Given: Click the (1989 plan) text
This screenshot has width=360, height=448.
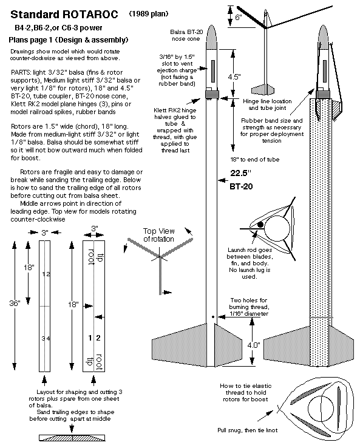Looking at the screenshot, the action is tap(149, 13).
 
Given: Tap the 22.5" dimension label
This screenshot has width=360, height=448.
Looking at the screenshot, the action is tap(241, 173).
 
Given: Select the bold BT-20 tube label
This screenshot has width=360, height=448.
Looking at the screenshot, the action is tap(241, 186).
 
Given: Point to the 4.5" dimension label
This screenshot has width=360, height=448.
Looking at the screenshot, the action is tap(234, 76).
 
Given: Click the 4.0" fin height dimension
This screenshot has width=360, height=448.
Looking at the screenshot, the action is tap(254, 345).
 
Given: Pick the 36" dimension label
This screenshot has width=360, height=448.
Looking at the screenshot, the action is tap(15, 303).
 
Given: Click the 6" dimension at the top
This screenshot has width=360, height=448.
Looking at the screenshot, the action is tap(239, 17).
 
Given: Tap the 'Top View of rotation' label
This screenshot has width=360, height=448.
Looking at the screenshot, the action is tap(159, 235).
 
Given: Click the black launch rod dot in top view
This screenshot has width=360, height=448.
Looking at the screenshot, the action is tap(260, 225).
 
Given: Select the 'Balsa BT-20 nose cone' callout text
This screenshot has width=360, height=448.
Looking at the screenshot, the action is tap(186, 35).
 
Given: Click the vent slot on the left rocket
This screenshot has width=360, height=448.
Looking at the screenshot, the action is tap(212, 71).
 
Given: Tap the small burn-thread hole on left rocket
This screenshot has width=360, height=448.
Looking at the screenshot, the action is tap(213, 316).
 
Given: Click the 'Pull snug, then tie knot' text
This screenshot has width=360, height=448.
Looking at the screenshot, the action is tap(248, 430).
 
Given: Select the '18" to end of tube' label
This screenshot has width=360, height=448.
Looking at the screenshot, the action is tap(255, 160).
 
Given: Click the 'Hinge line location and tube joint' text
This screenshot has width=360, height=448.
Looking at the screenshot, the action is tap(268, 104).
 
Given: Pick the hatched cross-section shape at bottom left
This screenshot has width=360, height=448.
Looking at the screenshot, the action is tap(72, 438).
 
